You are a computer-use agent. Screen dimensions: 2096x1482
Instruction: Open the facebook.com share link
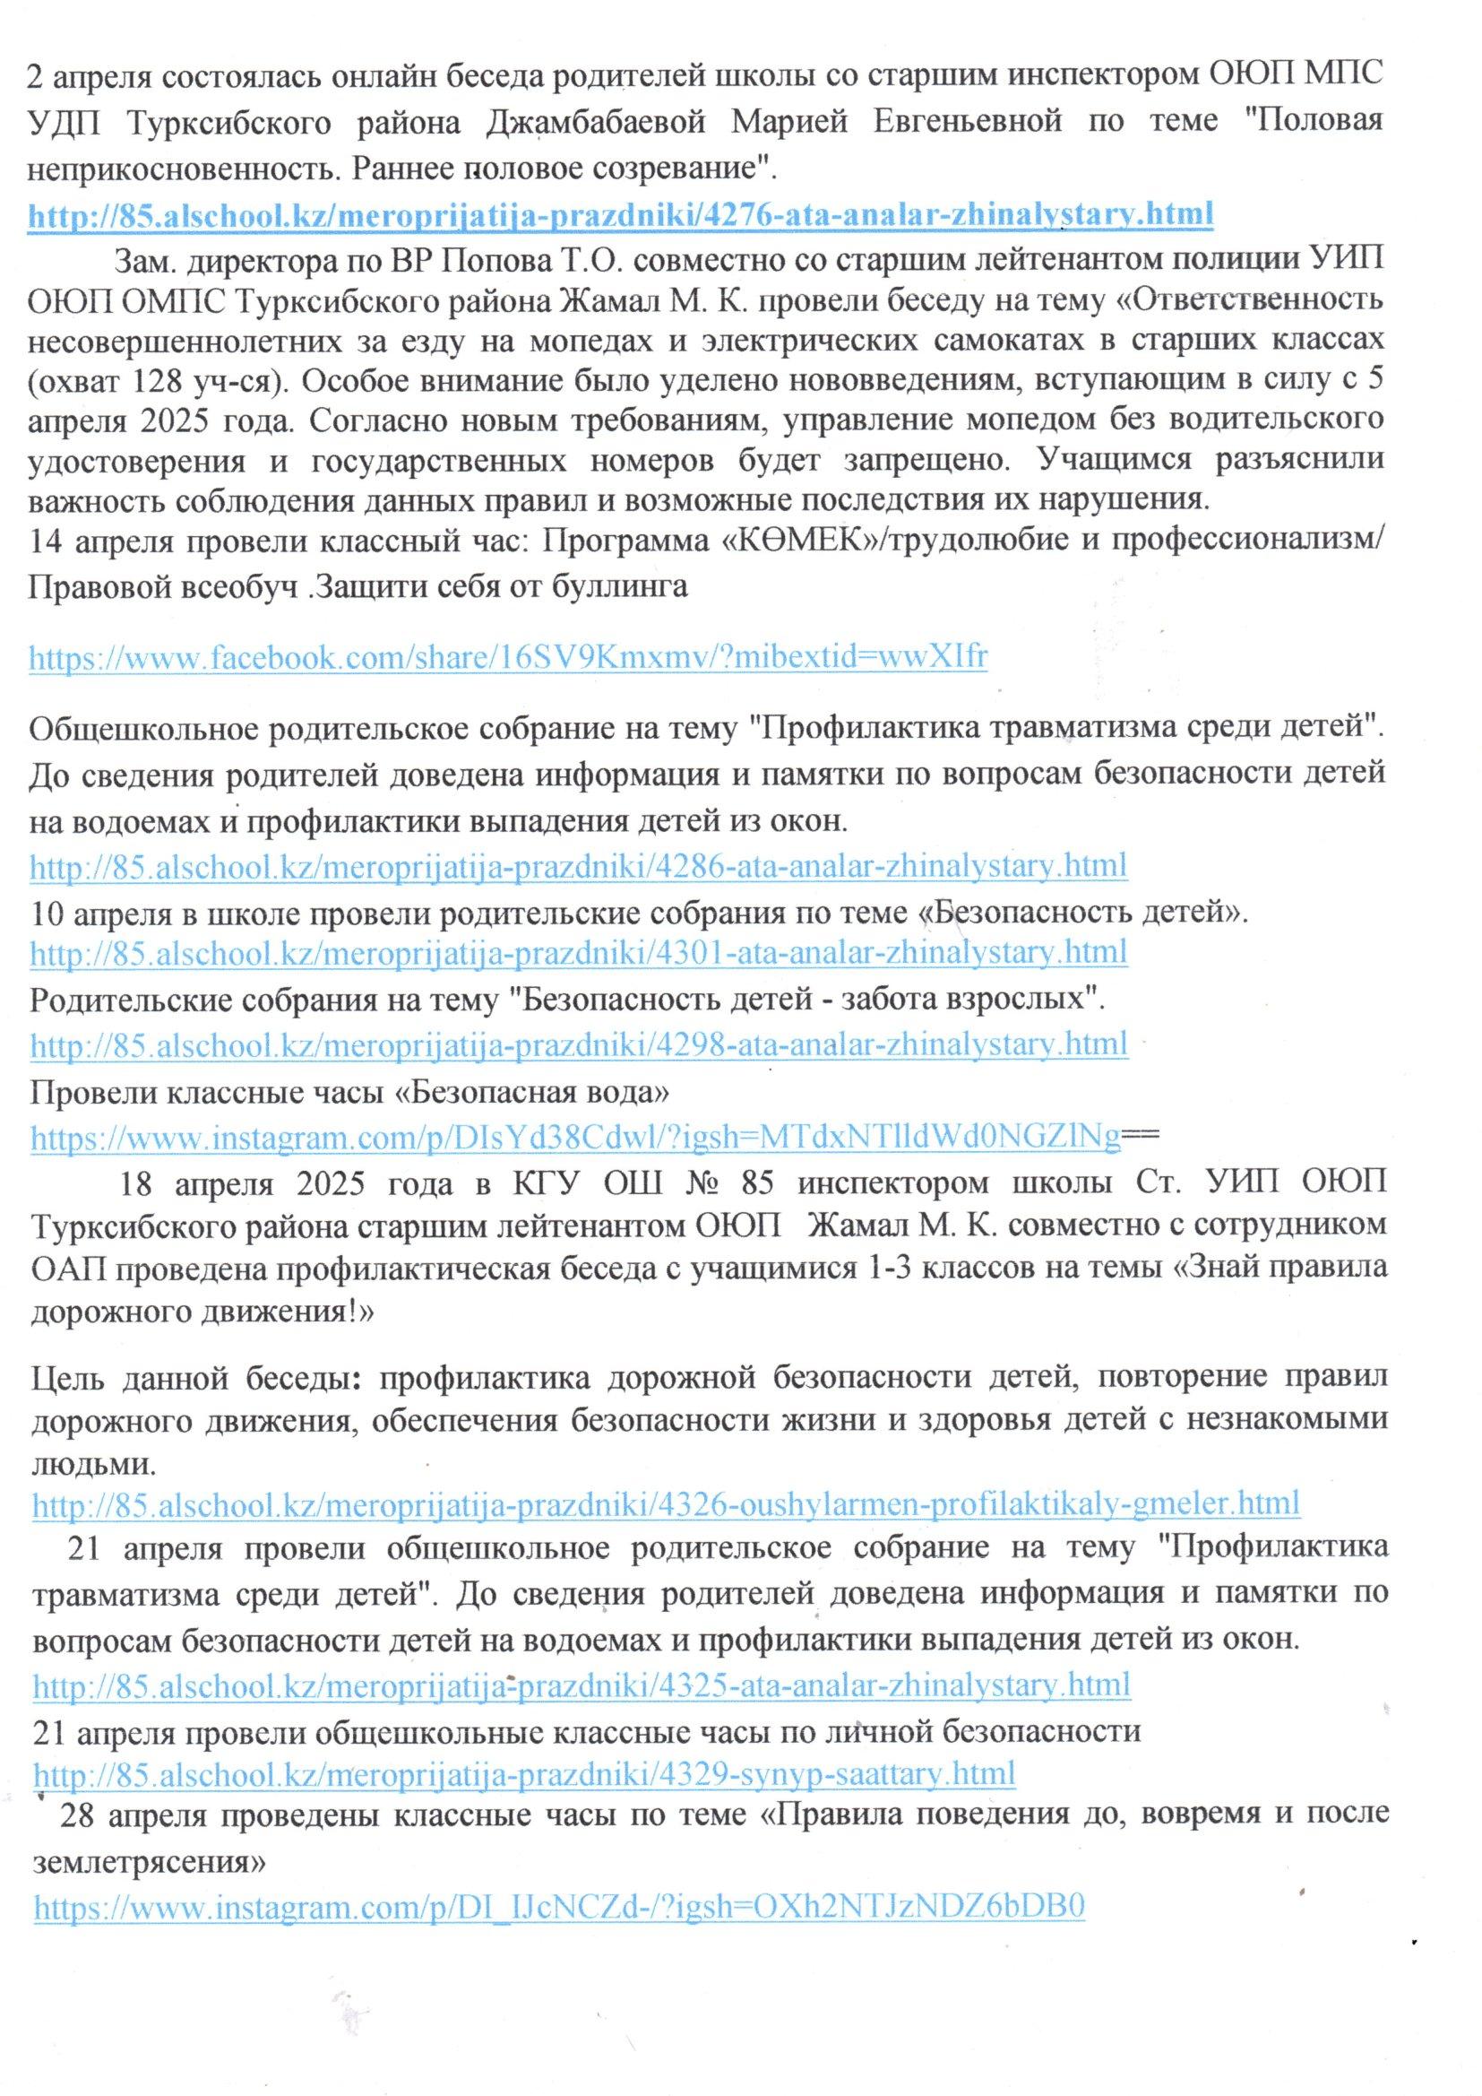508,656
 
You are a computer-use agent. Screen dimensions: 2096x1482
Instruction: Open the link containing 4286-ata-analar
579,865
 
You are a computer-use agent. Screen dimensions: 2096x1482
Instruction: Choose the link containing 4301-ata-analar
579,953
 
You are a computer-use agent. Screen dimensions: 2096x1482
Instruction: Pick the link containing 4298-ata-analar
579,1044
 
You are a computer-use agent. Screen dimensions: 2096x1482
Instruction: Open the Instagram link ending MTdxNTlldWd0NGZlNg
575,1137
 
